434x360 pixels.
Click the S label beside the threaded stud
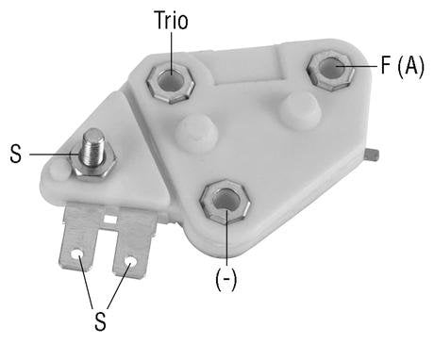15,154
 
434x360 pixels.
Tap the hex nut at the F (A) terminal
329,69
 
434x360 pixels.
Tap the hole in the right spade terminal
130,260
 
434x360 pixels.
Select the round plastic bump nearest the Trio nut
196,132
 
